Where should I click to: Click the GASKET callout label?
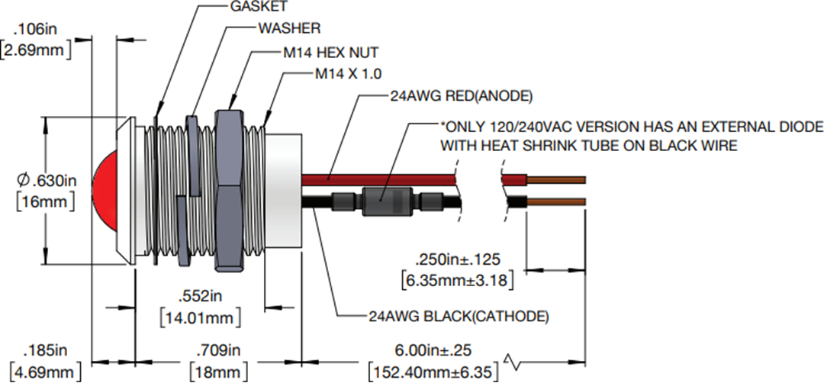pos(259,6)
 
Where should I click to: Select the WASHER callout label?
pos(289,27)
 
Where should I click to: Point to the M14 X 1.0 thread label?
pos(348,74)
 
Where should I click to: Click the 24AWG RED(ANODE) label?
pos(461,96)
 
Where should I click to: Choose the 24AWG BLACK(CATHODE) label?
pos(459,317)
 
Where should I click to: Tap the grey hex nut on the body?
pos(229,190)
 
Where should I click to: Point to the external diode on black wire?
pos(385,202)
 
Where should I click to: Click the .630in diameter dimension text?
pos(47,181)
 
